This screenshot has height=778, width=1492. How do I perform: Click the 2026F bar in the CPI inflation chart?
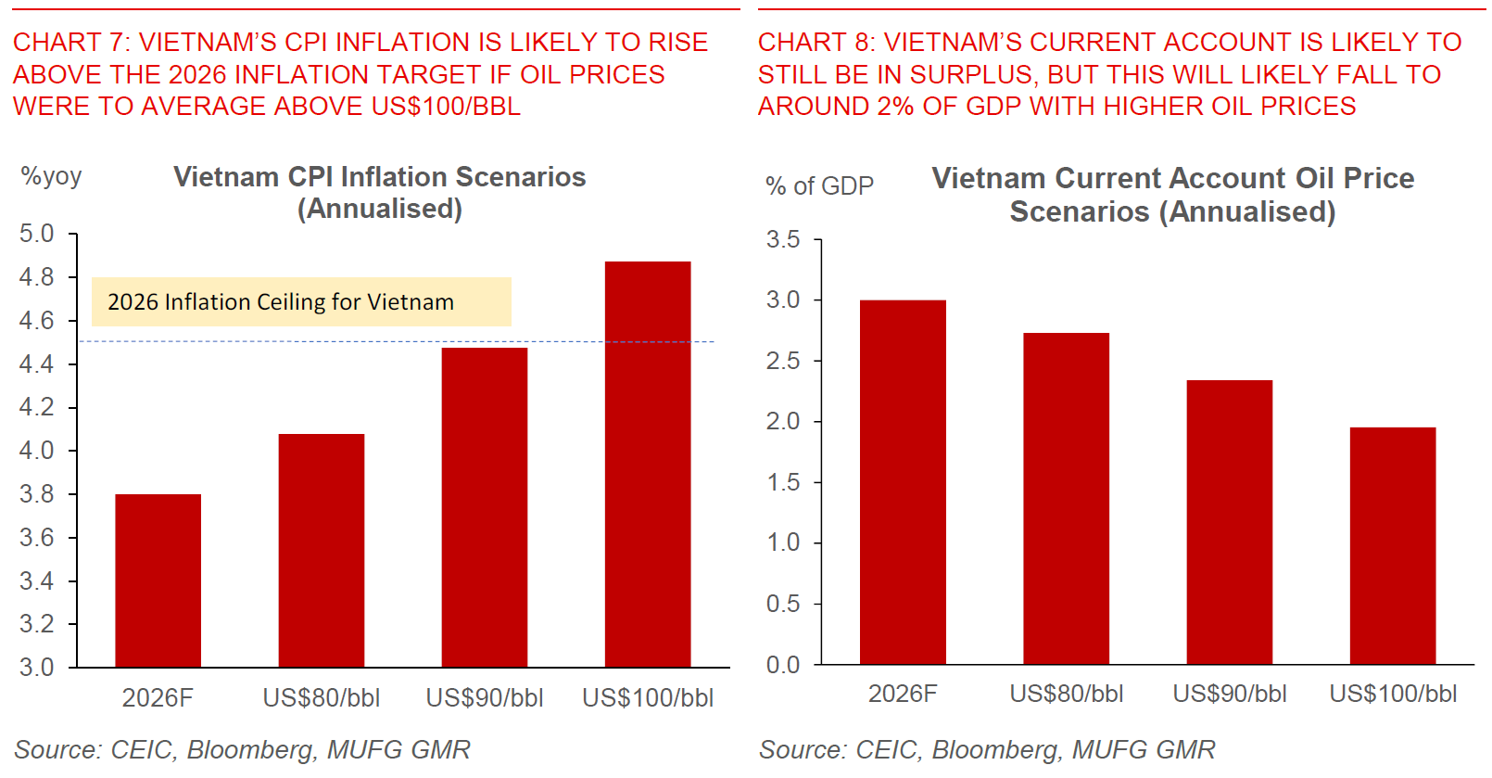tap(158, 580)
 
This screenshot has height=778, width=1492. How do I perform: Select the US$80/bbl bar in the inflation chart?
tap(322, 551)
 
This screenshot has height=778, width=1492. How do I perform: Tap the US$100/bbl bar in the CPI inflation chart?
tap(648, 464)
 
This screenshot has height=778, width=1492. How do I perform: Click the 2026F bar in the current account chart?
tap(903, 482)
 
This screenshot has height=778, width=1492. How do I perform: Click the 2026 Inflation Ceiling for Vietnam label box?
tap(301, 302)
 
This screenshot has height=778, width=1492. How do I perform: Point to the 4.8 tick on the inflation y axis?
tap(36, 277)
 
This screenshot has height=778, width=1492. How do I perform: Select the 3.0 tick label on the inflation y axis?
tap(36, 668)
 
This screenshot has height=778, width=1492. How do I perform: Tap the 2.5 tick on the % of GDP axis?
tap(783, 361)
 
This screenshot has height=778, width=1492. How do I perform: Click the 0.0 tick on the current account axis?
tap(783, 665)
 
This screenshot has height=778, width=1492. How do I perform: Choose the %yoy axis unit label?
tap(51, 176)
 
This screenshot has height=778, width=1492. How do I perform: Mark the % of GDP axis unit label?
tap(819, 186)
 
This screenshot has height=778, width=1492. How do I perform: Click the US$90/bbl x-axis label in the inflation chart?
tap(485, 698)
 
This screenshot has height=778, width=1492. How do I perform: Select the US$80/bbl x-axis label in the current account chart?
tap(1067, 694)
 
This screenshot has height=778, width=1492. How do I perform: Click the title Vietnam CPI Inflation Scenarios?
tap(380, 177)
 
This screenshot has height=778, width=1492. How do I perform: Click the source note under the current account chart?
tap(987, 749)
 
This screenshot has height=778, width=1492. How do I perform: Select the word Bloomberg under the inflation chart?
tap(250, 749)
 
